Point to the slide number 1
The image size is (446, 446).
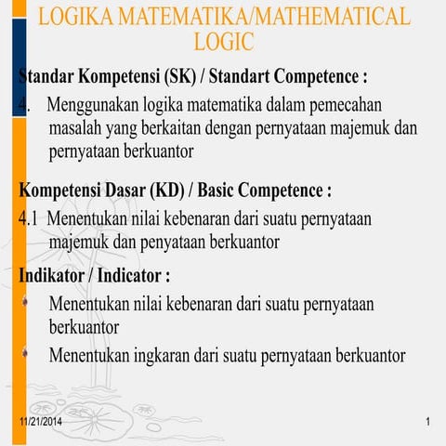click(428, 425)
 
